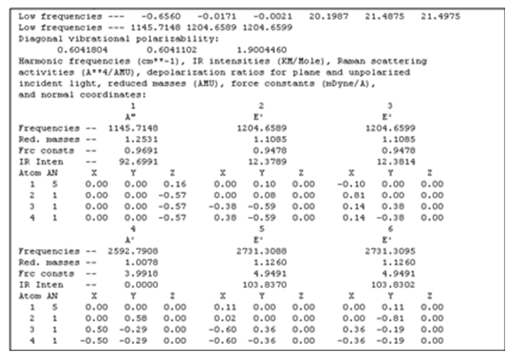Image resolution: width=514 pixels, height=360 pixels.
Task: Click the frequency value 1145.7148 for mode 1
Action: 133,128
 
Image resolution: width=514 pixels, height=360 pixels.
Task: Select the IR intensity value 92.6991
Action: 139,162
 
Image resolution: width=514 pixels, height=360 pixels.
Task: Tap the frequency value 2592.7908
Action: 133,251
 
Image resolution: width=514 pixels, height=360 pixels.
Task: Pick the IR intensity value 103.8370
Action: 265,285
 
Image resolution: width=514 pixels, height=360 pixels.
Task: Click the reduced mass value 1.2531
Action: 141,139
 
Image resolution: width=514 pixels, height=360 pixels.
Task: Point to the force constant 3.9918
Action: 141,273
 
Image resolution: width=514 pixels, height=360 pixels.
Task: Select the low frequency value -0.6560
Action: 161,16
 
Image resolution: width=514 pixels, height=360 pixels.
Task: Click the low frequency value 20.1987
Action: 329,16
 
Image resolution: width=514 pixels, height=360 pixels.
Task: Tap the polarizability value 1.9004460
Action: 262,50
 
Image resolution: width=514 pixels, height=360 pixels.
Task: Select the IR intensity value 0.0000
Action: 141,285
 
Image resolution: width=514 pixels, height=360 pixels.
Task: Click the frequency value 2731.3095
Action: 391,251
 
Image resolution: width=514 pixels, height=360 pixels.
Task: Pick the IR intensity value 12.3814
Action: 396,162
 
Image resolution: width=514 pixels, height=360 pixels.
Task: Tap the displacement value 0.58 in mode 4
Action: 136,318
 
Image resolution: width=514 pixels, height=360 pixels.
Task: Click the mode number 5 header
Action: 262,229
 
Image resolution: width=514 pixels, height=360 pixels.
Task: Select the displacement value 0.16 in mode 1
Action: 174,184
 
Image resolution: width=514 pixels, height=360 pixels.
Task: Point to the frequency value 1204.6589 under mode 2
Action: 262,128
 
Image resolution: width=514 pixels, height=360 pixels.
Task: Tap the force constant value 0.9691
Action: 141,151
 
